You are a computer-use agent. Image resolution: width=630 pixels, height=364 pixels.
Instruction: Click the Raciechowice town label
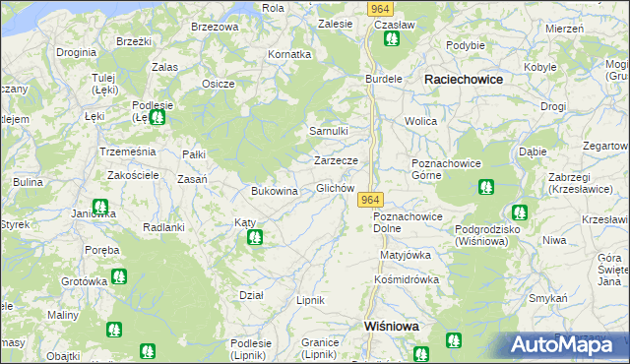tap(463, 78)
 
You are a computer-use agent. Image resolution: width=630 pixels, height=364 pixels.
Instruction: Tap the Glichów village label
tap(335, 188)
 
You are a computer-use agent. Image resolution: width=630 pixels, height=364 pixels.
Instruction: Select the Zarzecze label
tap(342, 159)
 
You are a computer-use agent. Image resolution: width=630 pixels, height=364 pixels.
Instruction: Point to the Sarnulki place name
tap(329, 131)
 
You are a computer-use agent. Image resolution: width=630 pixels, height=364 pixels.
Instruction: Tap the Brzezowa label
tap(215, 27)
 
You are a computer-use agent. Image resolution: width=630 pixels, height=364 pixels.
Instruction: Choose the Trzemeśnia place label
tap(128, 152)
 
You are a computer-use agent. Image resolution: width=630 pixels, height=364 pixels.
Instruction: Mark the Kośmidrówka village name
tap(406, 279)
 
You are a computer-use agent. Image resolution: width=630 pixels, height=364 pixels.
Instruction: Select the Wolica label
tap(420, 121)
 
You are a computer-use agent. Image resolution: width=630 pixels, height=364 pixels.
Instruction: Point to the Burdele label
tap(385, 78)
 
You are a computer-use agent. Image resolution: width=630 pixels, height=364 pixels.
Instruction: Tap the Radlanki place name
tap(164, 226)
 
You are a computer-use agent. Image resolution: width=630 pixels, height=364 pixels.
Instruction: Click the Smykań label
tap(548, 298)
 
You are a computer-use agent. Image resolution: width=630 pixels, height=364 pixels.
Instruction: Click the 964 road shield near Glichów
tap(370, 200)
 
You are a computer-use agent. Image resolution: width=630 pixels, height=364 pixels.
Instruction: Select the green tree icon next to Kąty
tap(256, 237)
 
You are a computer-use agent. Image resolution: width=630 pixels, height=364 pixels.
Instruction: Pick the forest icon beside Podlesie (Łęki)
tap(157, 117)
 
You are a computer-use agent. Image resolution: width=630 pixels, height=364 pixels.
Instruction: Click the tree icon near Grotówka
tap(118, 276)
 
